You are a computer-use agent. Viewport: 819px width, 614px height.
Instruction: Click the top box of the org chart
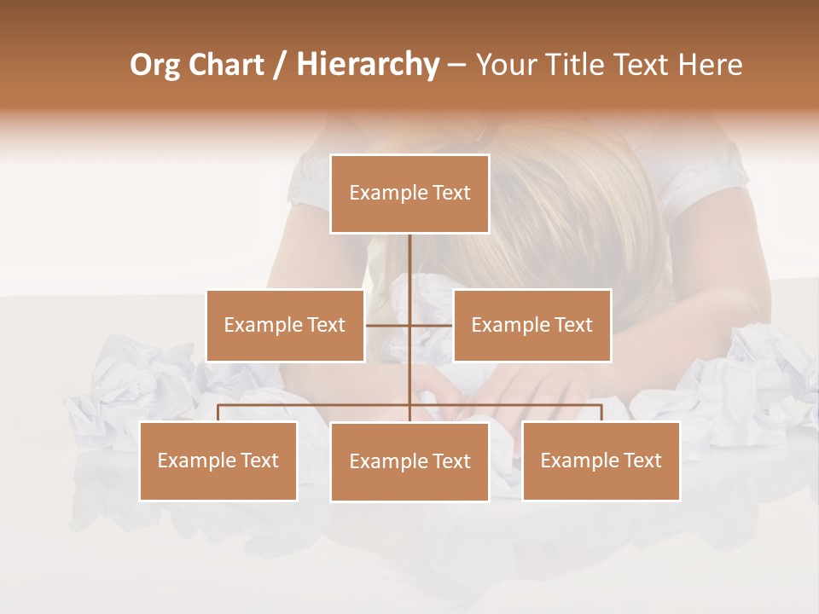(409, 194)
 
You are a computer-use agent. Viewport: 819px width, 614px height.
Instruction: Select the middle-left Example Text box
(284, 325)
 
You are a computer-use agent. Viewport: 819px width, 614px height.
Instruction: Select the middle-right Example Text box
(531, 325)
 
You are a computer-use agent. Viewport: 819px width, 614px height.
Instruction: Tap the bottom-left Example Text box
(218, 460)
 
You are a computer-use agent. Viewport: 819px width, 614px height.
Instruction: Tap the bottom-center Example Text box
(409, 461)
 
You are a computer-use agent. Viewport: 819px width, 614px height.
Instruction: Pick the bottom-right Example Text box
(601, 460)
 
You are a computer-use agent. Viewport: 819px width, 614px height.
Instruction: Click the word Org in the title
(154, 65)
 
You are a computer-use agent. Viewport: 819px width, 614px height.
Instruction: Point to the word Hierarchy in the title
(367, 65)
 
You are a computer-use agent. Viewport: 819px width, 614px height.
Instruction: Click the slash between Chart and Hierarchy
(280, 66)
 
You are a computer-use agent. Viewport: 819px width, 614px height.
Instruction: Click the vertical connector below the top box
(409, 264)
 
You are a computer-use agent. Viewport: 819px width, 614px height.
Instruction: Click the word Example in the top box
(380, 194)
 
